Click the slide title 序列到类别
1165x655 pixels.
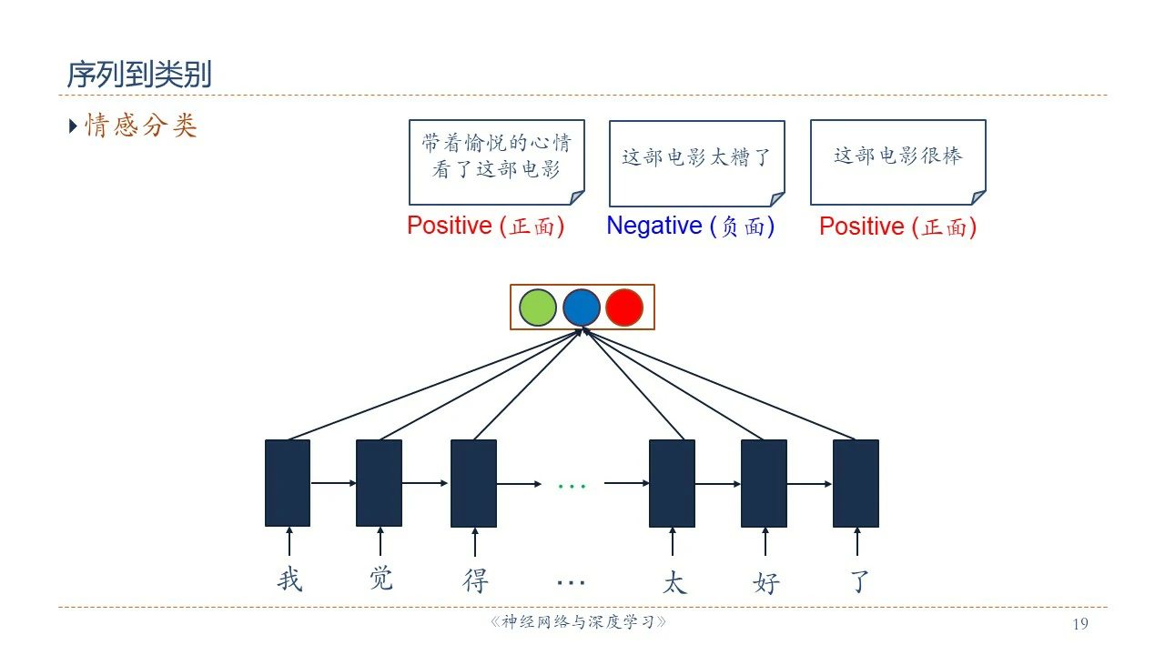[139, 75]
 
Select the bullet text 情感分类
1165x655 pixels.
[141, 126]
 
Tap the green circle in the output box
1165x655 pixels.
[538, 307]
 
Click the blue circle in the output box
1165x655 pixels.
[582, 307]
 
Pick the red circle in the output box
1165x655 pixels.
[624, 307]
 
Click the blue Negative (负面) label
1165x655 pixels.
[690, 226]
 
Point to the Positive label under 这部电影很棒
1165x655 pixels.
[897, 226]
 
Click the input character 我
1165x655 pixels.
[289, 579]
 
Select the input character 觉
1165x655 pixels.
[381, 578]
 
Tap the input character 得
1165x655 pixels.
[475, 579]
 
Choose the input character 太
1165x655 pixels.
[674, 581]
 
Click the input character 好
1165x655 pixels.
[766, 581]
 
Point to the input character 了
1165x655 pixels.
[859, 579]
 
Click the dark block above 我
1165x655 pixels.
[288, 483]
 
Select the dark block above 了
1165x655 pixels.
[856, 483]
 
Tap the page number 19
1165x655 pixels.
[1080, 623]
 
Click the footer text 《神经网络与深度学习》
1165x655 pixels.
[579, 623]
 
